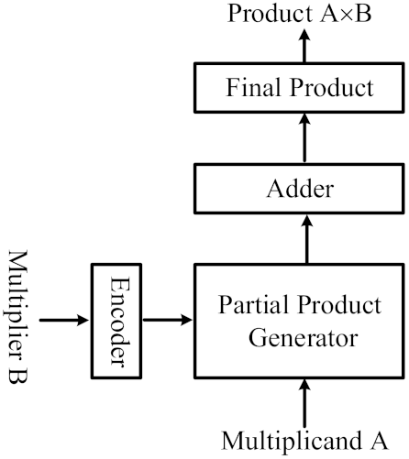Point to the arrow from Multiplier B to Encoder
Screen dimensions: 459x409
[66, 320]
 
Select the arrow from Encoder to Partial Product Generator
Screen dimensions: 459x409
[167, 320]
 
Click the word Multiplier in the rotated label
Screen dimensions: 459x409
[21, 292]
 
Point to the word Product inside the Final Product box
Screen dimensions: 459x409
[330, 89]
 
